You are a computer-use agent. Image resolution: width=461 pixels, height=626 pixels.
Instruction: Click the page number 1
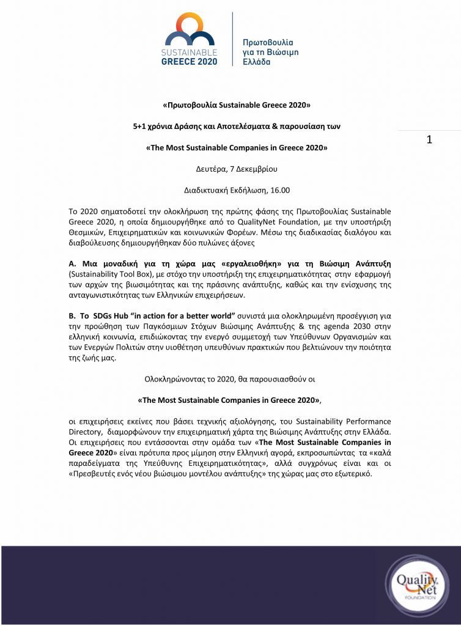(429, 139)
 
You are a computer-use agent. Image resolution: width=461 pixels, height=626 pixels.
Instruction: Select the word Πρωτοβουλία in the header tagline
(268, 43)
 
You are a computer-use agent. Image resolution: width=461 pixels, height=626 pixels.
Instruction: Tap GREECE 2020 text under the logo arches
(188, 62)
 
